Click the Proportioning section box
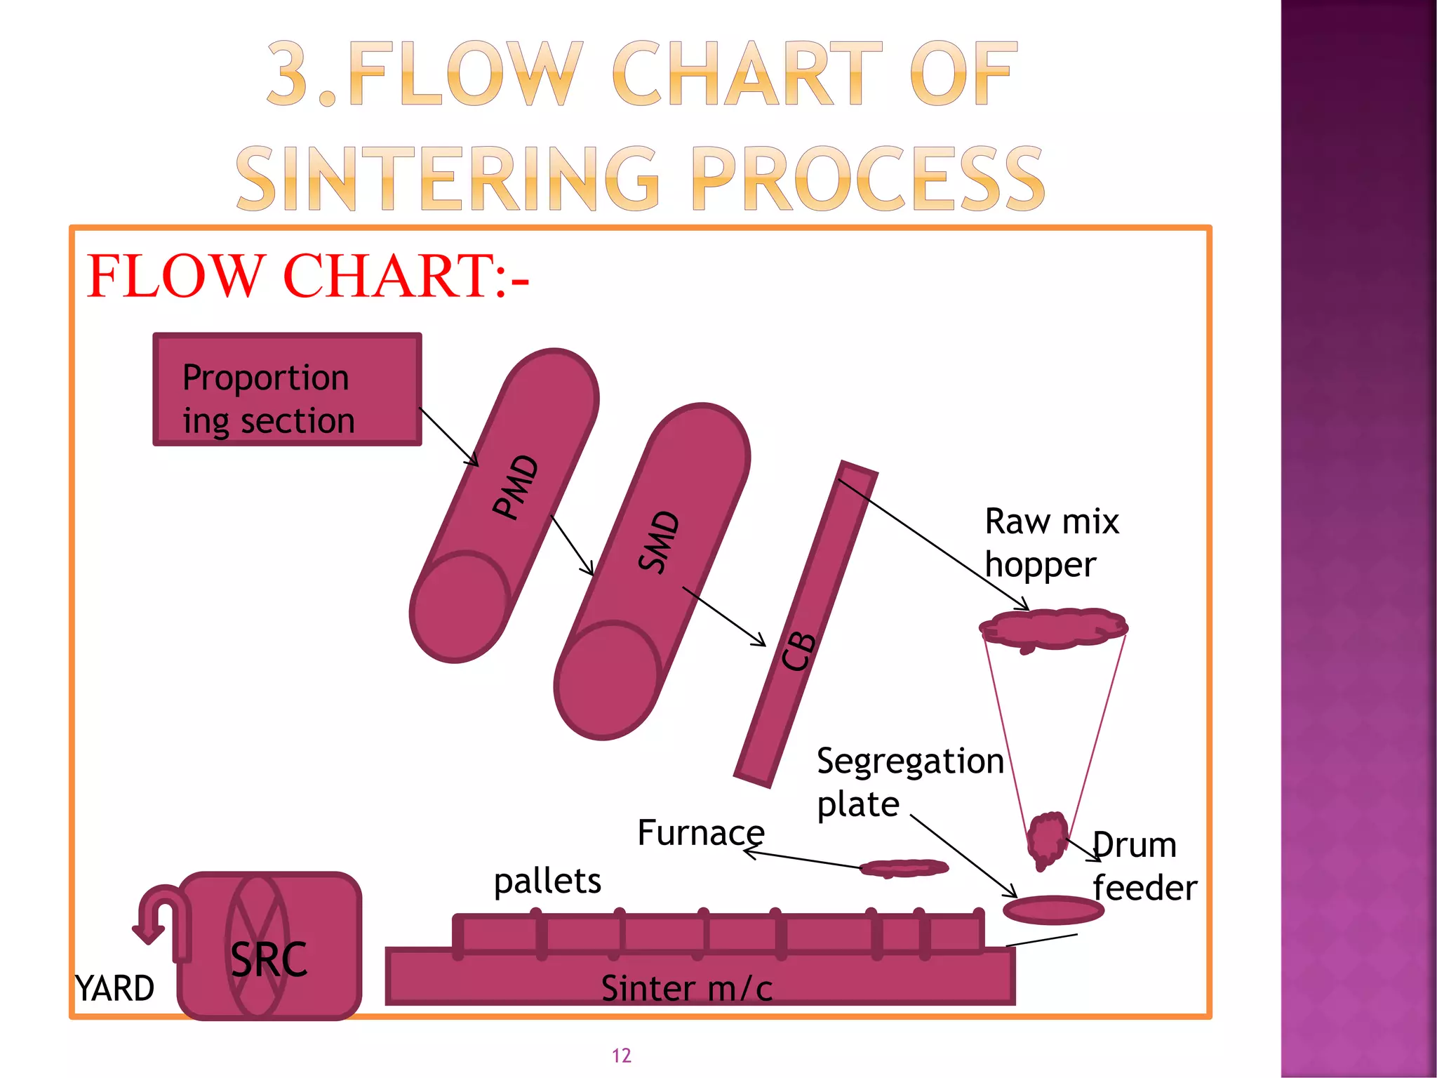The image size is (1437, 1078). [x=287, y=390]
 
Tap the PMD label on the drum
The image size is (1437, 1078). [x=516, y=487]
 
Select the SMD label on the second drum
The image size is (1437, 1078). [x=660, y=542]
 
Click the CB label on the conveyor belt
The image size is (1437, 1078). [x=798, y=651]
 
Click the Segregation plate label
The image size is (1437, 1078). [x=910, y=782]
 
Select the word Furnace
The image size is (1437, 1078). [x=701, y=833]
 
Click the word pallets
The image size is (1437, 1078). [x=547, y=881]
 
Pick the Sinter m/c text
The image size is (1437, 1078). [x=687, y=988]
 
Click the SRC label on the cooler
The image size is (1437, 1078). [x=269, y=959]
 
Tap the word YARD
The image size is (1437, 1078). [x=115, y=989]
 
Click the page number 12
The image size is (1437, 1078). [x=622, y=1056]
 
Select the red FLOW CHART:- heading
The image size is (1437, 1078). [x=307, y=276]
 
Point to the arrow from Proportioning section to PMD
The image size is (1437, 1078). [x=449, y=437]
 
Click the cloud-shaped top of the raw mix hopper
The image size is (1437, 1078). [x=1053, y=629]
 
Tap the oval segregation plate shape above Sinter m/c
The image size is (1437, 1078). [x=1053, y=910]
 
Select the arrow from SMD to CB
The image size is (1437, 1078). [x=724, y=617]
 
